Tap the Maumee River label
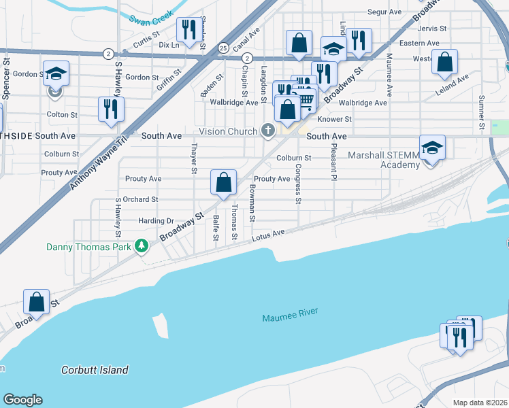(x=290, y=318)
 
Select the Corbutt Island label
(x=95, y=371)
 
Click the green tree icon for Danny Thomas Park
(x=141, y=245)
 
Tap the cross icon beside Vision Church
(x=268, y=131)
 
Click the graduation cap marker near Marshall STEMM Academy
(x=431, y=149)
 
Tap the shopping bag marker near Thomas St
(x=223, y=182)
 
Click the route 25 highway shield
(x=223, y=48)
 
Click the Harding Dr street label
(x=156, y=221)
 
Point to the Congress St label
(x=298, y=184)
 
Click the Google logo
(x=22, y=400)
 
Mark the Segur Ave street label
(x=386, y=12)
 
